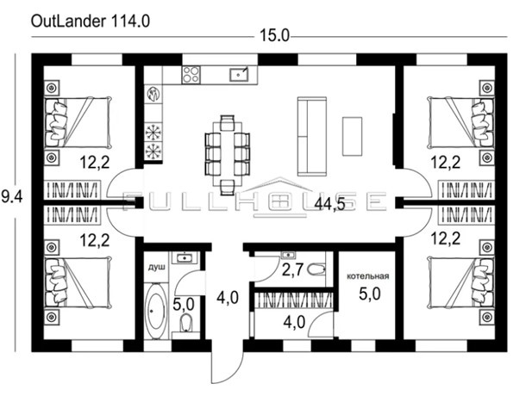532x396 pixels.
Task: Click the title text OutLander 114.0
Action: point(91,22)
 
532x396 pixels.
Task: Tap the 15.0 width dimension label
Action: point(274,35)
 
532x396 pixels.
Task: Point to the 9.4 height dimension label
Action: point(12,196)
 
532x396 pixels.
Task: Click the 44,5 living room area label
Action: point(329,204)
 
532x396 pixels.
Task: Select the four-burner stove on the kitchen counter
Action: point(191,75)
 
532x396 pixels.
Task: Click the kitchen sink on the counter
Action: point(239,74)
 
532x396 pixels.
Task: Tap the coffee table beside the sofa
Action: point(352,136)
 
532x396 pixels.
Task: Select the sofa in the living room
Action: point(312,136)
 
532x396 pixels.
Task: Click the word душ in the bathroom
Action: point(156,267)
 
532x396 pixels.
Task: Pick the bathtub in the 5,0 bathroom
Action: point(156,311)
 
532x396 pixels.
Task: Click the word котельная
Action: point(368,276)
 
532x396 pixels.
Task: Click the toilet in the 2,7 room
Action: point(317,269)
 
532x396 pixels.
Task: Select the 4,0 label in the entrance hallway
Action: point(228,298)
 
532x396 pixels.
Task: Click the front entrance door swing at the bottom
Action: point(228,367)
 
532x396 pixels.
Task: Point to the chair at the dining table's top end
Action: point(227,123)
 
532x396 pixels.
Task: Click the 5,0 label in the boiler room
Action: point(370,294)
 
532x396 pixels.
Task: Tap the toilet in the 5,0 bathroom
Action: point(185,323)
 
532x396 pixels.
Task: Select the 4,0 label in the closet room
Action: point(294,322)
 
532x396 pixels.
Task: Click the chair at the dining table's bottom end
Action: point(227,188)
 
